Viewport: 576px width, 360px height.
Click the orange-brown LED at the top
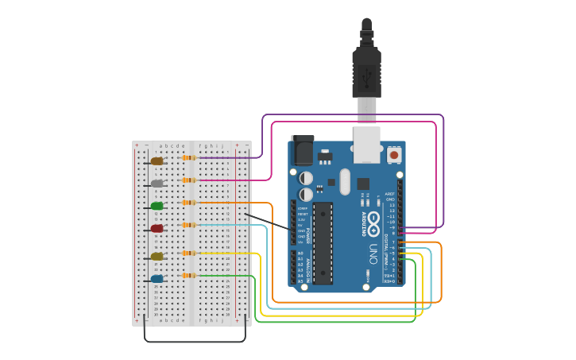point(157,161)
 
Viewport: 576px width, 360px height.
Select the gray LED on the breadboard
point(157,184)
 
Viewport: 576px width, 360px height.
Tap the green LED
point(157,206)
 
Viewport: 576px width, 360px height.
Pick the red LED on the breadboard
point(157,228)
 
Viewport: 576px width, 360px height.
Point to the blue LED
point(157,279)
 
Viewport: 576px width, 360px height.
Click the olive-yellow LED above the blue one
point(157,256)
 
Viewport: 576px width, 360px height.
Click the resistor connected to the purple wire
point(189,157)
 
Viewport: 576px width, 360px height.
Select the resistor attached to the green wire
point(189,276)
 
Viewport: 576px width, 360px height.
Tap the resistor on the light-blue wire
point(189,225)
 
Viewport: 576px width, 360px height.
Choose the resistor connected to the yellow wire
point(189,253)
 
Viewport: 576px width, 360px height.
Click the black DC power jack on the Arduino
point(302,149)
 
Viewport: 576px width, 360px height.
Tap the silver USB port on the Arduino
point(366,144)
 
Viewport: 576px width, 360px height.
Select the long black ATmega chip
point(323,242)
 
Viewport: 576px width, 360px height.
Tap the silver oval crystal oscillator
point(344,181)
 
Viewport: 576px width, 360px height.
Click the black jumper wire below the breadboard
point(195,341)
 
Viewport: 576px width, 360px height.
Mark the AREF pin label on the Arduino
point(389,194)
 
